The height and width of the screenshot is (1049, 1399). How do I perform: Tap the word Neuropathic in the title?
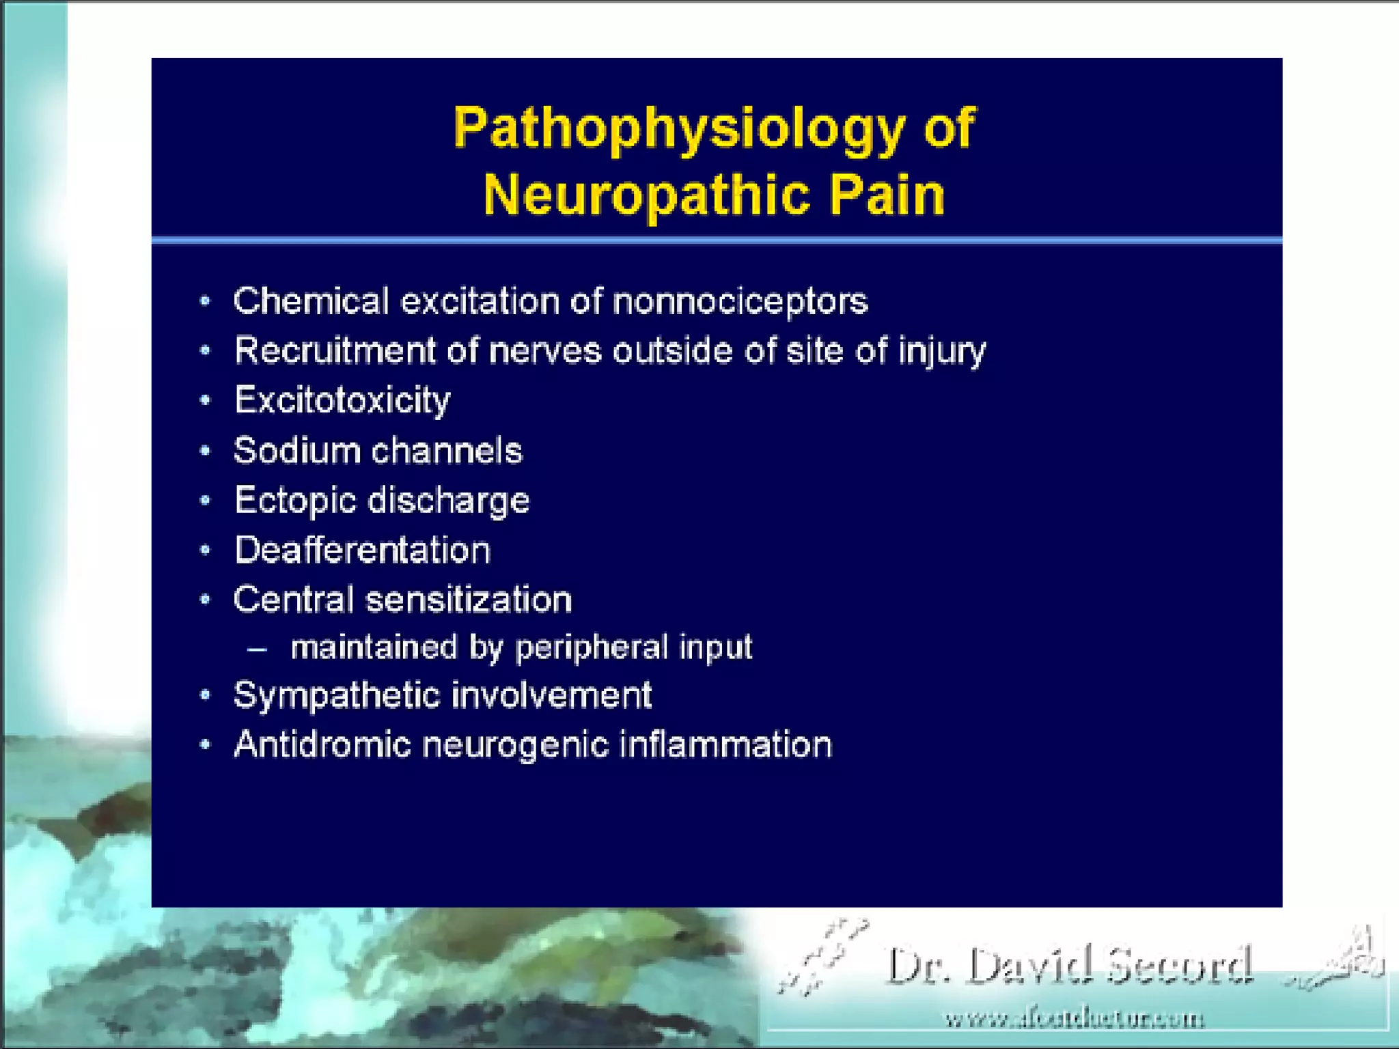647,195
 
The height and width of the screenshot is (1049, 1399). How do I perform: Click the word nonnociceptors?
740,301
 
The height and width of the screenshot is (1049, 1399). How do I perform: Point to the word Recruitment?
335,351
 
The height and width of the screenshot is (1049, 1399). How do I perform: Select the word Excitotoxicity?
342,401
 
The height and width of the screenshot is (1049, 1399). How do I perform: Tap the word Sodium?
296,451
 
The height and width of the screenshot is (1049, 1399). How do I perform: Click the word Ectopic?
295,501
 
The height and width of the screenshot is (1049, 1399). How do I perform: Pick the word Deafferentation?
362,550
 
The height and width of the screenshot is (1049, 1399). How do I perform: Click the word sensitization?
469,600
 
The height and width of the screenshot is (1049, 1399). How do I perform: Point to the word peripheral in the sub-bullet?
591,648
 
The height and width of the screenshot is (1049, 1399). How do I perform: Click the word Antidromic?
322,744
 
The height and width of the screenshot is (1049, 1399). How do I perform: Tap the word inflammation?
725,744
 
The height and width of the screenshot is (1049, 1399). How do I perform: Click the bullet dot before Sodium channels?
205,451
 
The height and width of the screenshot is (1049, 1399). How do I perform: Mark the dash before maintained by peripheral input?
257,648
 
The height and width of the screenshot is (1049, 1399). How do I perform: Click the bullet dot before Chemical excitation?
205,301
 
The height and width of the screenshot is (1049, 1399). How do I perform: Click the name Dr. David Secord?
1069,966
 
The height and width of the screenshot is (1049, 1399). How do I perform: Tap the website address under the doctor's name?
1074,1020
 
